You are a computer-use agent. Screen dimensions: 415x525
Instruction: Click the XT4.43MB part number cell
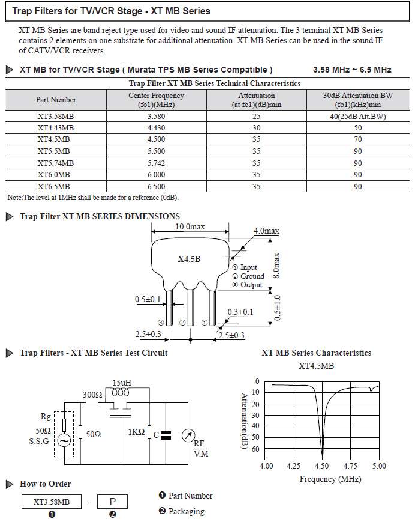[x=56, y=128]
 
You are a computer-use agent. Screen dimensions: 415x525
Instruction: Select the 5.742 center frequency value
[x=156, y=163]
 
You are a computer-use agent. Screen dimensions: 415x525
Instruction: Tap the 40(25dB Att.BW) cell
[x=358, y=117]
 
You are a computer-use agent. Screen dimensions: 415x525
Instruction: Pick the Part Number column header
[x=56, y=100]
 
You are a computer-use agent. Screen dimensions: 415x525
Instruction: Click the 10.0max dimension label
[x=190, y=226]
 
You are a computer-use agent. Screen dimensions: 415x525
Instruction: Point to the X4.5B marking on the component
[x=189, y=259]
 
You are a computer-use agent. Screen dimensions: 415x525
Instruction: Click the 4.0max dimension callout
[x=266, y=231]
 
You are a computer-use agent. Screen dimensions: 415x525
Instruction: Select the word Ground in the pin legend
[x=252, y=276]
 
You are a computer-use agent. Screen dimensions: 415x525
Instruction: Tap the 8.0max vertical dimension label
[x=276, y=266]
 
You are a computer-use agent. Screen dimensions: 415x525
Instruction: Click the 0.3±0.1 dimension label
[x=240, y=312]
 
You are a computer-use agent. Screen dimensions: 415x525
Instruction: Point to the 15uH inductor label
[x=122, y=383]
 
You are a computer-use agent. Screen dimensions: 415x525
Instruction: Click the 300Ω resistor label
[x=92, y=395]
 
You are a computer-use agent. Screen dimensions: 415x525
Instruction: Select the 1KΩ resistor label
[x=137, y=432]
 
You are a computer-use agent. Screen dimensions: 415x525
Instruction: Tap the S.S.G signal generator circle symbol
[x=64, y=440]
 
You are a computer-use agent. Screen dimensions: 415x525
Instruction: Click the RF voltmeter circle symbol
[x=188, y=435]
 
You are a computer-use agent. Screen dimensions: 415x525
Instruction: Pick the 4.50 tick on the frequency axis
[x=321, y=466]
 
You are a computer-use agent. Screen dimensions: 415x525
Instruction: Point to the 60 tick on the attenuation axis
[x=255, y=449]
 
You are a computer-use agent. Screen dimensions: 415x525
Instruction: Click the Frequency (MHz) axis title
[x=330, y=479]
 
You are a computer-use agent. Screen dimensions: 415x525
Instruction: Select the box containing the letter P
[x=112, y=502]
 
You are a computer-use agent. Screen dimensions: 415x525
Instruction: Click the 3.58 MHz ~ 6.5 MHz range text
[x=352, y=70]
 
